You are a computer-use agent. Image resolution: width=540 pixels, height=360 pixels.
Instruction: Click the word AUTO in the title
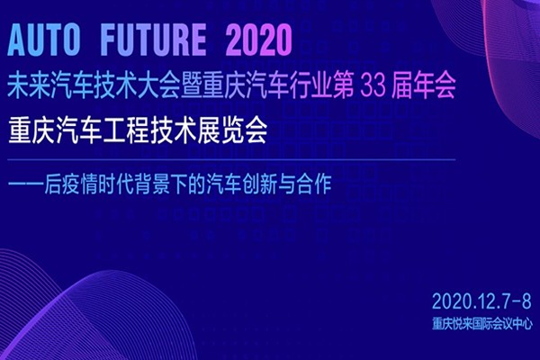pyautogui.click(x=44, y=40)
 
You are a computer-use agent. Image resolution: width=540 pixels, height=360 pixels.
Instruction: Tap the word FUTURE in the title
pyautogui.click(x=154, y=40)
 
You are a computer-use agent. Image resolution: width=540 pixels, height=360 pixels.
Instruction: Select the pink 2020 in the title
pyautogui.click(x=259, y=40)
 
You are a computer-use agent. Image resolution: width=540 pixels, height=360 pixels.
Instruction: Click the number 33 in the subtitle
pyautogui.click(x=373, y=86)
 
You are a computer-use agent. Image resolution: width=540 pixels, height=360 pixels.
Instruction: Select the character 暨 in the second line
pyautogui.click(x=192, y=86)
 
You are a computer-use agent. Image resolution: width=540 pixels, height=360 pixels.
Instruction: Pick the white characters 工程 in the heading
pyautogui.click(x=127, y=131)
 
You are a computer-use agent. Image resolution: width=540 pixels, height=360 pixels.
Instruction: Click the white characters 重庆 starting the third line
pyautogui.click(x=30, y=131)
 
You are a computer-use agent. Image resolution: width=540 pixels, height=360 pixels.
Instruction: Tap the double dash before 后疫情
pyautogui.click(x=26, y=184)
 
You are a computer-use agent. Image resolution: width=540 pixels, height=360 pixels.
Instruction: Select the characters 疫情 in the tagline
pyautogui.click(x=80, y=184)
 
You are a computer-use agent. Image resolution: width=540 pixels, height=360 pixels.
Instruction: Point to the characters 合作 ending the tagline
pyautogui.click(x=314, y=184)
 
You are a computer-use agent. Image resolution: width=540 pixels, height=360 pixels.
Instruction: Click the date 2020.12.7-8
pyautogui.click(x=481, y=301)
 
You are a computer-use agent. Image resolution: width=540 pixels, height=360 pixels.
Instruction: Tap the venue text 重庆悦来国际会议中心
pyautogui.click(x=482, y=324)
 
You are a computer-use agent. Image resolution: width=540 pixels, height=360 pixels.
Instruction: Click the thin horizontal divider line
pyautogui.click(x=231, y=160)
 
